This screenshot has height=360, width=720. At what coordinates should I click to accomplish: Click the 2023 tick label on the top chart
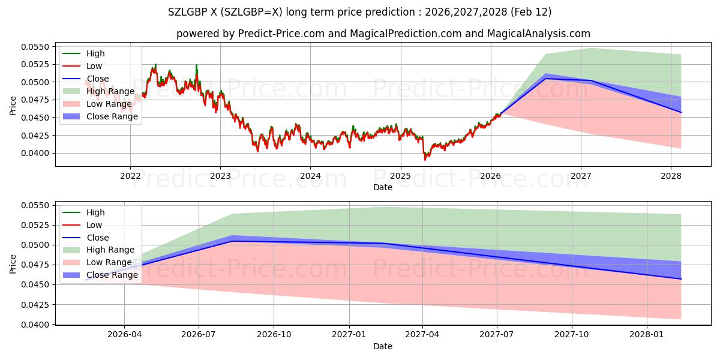pos(220,176)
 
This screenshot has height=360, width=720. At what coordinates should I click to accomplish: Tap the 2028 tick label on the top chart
pos(671,176)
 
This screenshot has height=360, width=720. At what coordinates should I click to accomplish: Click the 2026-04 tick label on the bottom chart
pos(124,335)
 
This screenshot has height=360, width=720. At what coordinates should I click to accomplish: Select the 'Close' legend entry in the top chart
pos(98,79)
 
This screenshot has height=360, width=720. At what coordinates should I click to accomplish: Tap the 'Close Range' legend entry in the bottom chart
pos(112,275)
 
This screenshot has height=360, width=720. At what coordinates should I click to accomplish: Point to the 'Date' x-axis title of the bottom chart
pos(383,346)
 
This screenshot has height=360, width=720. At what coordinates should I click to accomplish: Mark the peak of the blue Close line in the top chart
pos(545,79)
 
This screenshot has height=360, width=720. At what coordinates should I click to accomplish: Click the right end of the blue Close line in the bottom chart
pos(681,279)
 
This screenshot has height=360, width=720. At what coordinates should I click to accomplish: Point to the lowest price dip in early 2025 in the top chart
pos(425,159)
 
